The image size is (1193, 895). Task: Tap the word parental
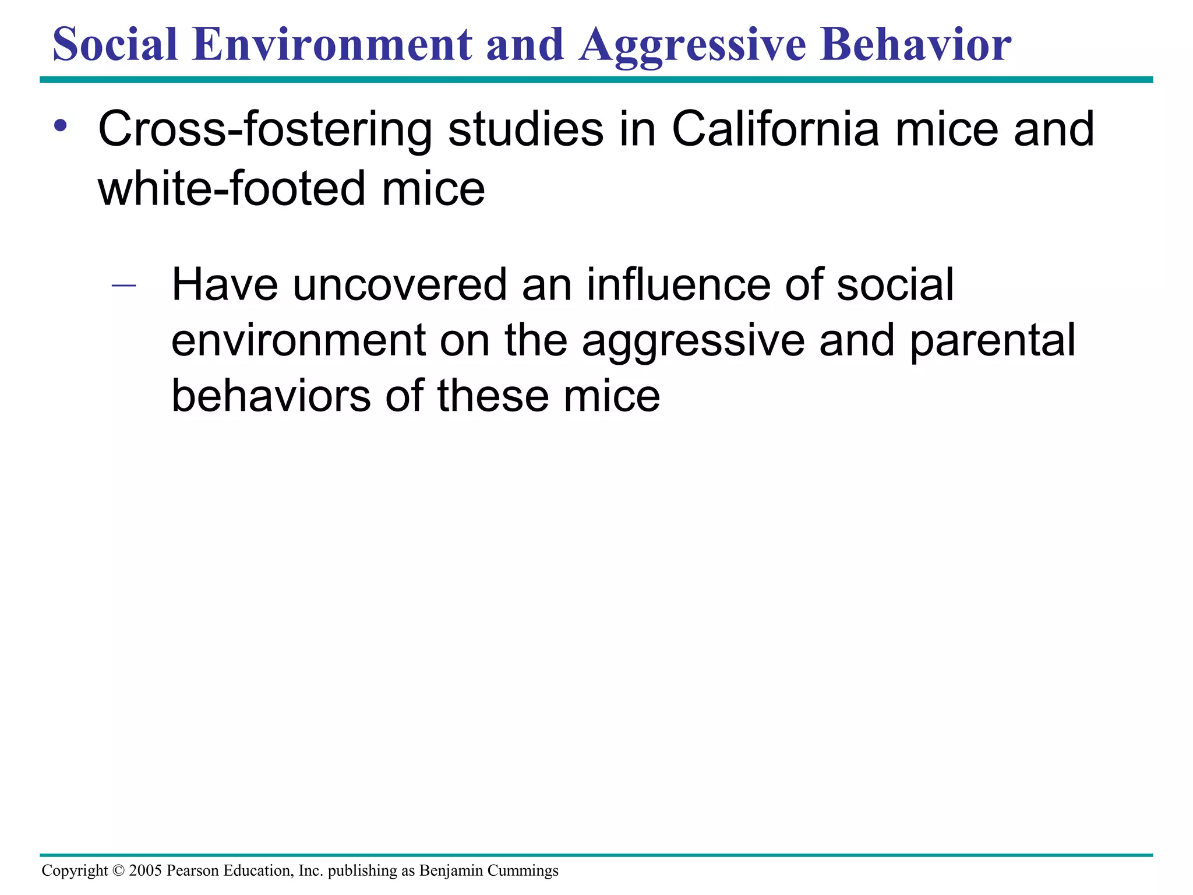[992, 341]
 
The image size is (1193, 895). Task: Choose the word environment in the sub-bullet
[298, 341]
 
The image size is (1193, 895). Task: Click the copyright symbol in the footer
[118, 871]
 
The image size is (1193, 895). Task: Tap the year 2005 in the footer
[145, 871]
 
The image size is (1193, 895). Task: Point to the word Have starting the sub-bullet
[224, 285]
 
